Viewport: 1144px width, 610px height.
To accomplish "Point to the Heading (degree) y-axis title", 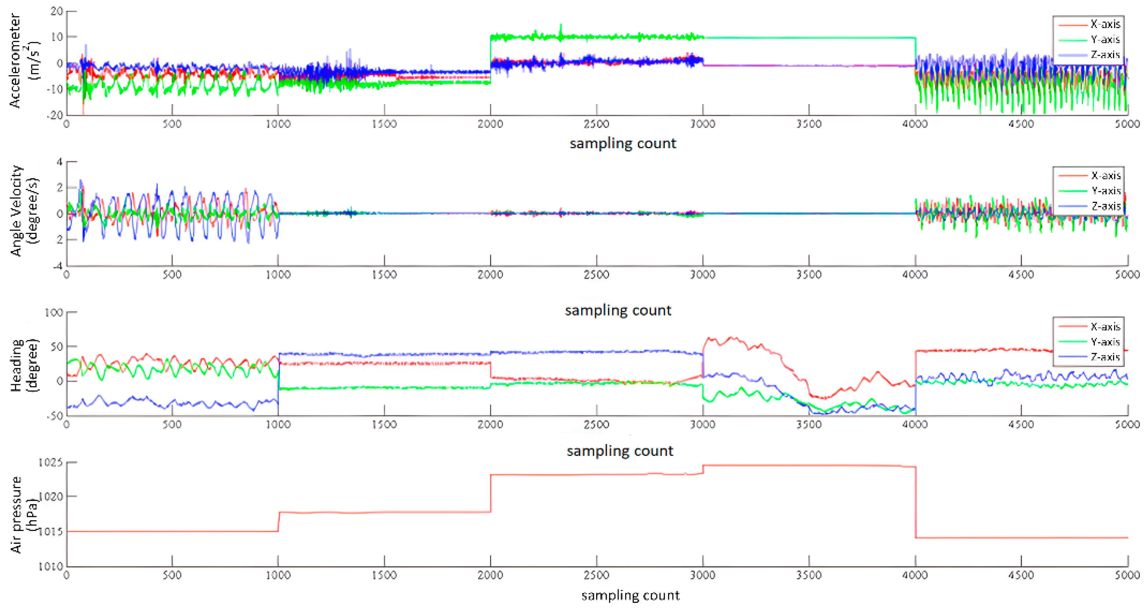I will (x=24, y=365).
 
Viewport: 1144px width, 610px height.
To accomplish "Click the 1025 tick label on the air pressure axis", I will (x=51, y=463).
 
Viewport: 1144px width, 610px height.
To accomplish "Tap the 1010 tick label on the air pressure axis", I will (x=51, y=566).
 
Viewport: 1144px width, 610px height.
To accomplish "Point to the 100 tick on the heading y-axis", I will (x=53, y=312).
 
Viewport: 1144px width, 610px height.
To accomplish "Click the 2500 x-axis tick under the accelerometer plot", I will (x=596, y=123).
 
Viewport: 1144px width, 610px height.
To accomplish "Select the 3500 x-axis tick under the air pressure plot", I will (x=808, y=575).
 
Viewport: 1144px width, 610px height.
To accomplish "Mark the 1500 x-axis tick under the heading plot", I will (x=384, y=424).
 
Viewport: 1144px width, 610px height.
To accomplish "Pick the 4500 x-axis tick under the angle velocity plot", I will (x=1021, y=274).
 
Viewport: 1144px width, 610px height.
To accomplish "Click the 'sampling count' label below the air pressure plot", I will (x=630, y=595).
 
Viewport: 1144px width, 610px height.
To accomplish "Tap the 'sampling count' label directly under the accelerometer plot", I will (x=622, y=143).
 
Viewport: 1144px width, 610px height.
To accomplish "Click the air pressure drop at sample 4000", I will (x=915, y=502).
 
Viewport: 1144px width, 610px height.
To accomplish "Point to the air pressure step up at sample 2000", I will (x=490, y=493).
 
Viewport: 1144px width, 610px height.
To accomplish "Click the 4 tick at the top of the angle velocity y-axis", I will (x=59, y=162).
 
